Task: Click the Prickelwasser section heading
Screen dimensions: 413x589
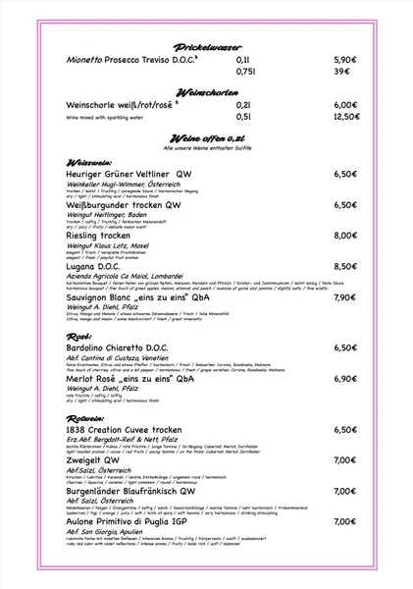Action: (x=206, y=46)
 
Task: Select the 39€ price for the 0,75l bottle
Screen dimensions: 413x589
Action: (x=342, y=72)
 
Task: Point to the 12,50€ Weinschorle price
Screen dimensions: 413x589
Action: (x=346, y=117)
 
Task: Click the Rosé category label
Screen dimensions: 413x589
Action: (x=77, y=335)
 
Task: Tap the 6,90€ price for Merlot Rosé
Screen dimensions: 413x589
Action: (x=344, y=378)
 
